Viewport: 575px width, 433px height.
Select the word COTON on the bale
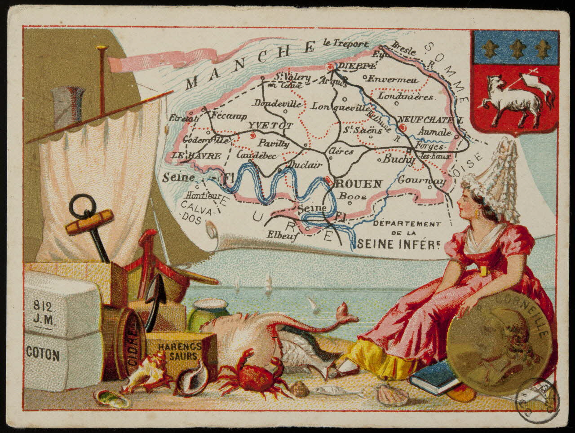43,355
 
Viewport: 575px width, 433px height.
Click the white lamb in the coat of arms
509,100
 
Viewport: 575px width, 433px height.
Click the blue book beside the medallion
433,377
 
